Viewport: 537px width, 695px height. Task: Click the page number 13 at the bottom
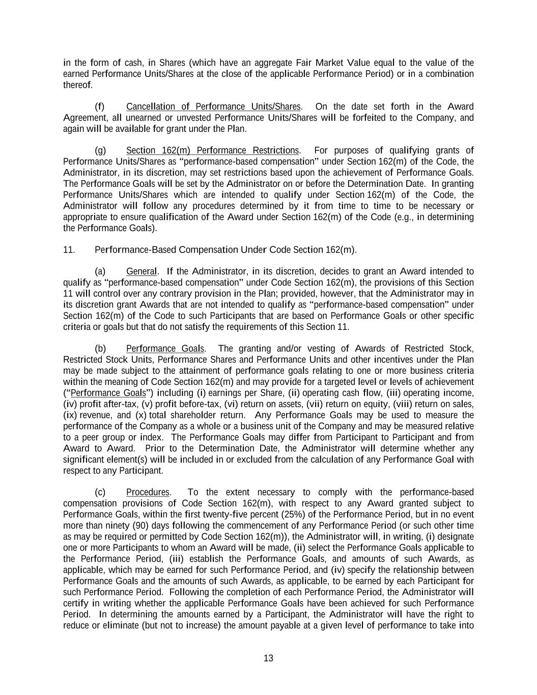click(268, 658)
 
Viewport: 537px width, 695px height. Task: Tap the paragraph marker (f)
click(100, 106)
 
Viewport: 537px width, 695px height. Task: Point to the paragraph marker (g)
click(100, 150)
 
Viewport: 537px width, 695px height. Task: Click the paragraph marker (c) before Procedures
click(100, 492)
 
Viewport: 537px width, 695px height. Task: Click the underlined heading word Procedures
click(148, 492)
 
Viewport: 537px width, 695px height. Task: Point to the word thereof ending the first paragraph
click(77, 85)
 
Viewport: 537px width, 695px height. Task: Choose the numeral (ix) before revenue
click(70, 415)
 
